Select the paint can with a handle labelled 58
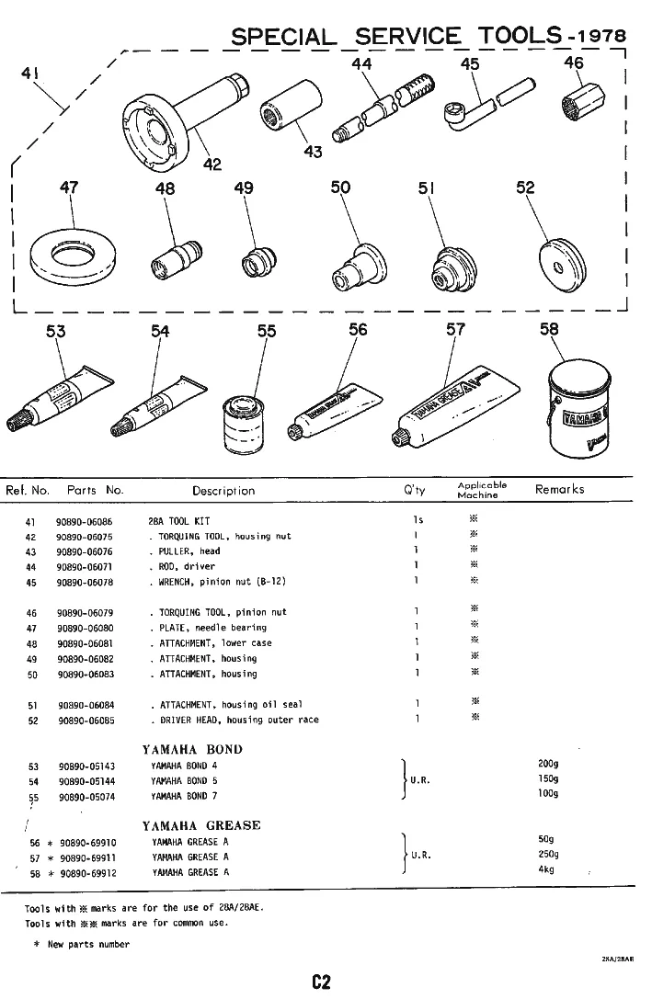578,411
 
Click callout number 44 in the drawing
361,64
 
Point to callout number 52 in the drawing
525,187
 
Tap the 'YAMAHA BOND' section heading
192,749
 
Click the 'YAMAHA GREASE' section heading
201,825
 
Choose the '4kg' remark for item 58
546,870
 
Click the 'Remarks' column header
559,490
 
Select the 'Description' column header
223,491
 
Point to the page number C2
321,982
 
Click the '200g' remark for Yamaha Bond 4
549,764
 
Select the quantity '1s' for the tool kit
418,521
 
